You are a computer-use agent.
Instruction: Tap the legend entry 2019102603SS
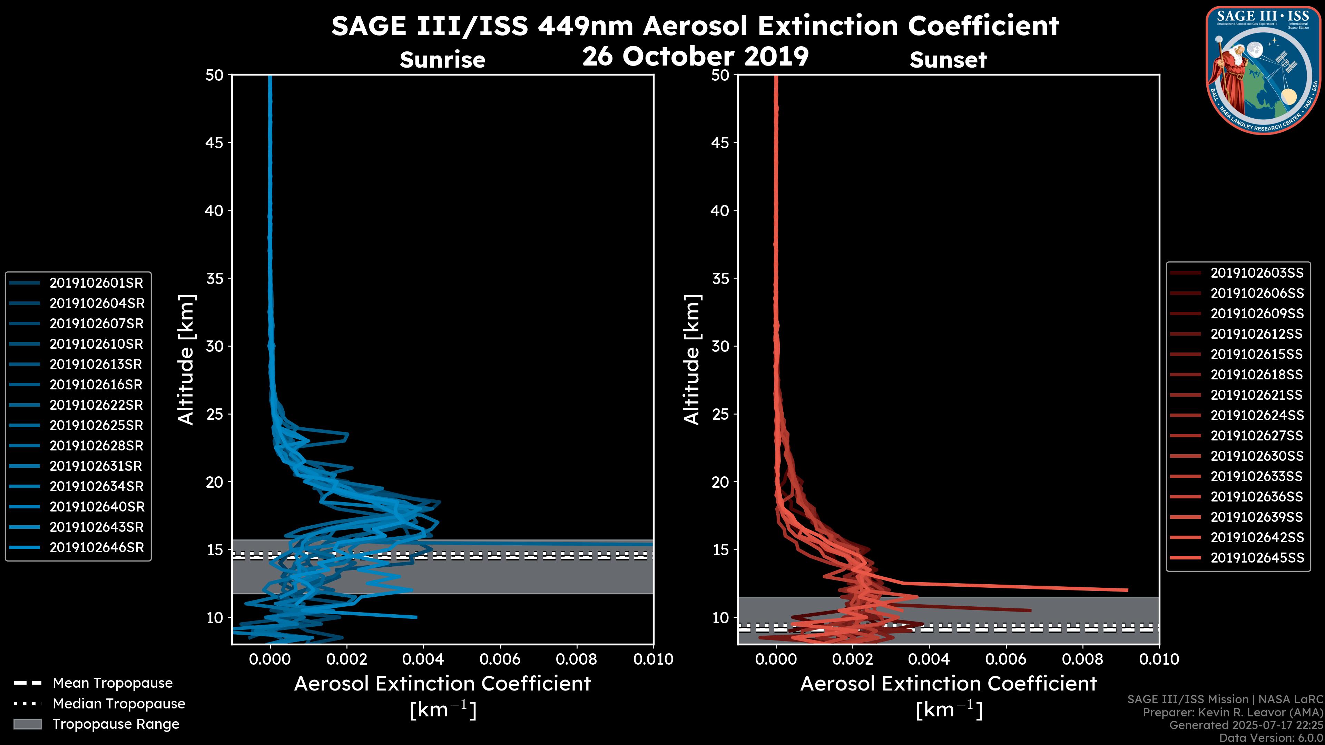pos(1257,273)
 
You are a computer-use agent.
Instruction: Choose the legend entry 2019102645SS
pos(1257,558)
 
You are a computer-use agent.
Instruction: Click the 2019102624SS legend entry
pos(1257,415)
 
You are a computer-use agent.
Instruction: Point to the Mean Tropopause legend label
pos(112,683)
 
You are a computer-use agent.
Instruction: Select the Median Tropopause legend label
pos(119,704)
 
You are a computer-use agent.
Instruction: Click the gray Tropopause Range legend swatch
pos(27,724)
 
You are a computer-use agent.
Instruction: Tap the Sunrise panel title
pos(442,60)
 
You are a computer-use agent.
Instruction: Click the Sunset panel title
pos(948,60)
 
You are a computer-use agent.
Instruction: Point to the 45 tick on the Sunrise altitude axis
pos(215,143)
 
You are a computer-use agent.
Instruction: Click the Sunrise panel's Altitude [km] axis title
pos(186,360)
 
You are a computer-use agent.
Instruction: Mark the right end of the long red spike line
pos(1127,590)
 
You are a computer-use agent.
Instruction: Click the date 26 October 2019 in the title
pos(695,56)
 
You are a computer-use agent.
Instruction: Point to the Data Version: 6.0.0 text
pos(1270,738)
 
